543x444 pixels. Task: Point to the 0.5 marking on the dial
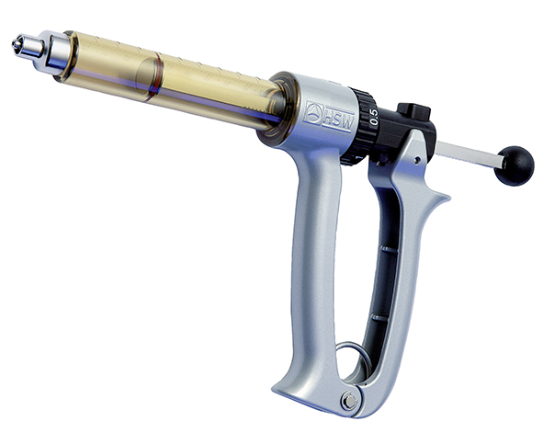[373, 116]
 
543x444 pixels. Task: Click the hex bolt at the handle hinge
[348, 399]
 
